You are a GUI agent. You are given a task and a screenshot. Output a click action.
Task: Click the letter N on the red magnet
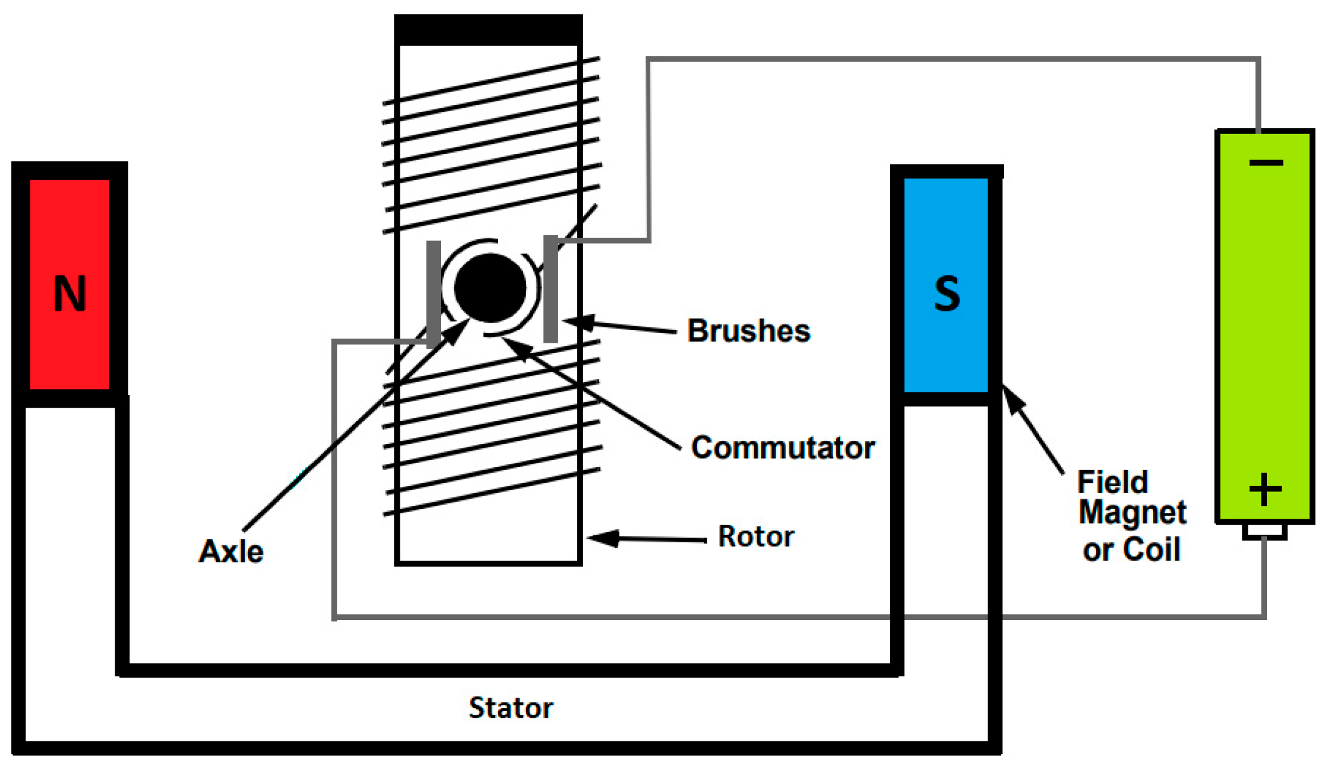point(70,294)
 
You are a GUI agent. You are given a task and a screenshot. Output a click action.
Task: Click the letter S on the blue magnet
point(947,294)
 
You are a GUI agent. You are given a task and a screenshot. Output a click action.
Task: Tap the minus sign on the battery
point(1266,163)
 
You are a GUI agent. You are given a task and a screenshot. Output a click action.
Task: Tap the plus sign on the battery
point(1265,489)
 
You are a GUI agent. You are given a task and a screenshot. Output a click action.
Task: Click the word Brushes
point(749,331)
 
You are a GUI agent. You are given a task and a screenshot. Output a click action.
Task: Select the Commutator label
point(782,448)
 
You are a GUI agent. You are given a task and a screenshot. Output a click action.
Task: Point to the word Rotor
point(756,536)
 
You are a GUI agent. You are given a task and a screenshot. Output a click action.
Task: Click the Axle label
point(231,551)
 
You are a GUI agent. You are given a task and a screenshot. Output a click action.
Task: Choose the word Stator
point(511,708)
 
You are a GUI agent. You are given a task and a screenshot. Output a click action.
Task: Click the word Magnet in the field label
point(1132,513)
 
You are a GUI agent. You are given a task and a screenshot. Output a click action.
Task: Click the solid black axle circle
point(490,288)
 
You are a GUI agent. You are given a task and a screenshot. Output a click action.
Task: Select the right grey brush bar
point(550,289)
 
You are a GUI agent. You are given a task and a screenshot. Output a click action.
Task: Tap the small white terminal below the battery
point(1265,531)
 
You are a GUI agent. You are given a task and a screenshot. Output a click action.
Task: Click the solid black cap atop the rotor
point(488,30)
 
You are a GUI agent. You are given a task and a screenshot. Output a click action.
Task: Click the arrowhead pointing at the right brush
point(579,322)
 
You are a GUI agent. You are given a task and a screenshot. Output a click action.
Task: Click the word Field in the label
point(1112,483)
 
